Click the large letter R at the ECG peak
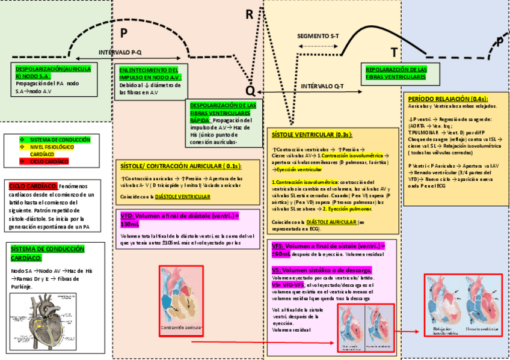(250, 14)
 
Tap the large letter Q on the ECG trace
(250, 90)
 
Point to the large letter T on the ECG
(395, 53)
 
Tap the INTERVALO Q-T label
(322, 87)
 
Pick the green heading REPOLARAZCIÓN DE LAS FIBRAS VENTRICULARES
(396, 73)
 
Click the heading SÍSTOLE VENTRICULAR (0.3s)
(312, 135)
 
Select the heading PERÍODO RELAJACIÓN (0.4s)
(447, 99)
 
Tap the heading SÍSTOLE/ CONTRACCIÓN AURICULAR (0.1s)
(181, 166)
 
